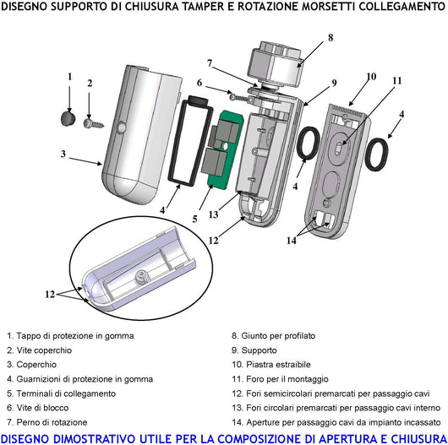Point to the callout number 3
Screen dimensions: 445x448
pyautogui.click(x=63, y=154)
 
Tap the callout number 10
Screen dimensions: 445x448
pyautogui.click(x=370, y=77)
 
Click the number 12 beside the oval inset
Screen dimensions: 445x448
pyautogui.click(x=52, y=294)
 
